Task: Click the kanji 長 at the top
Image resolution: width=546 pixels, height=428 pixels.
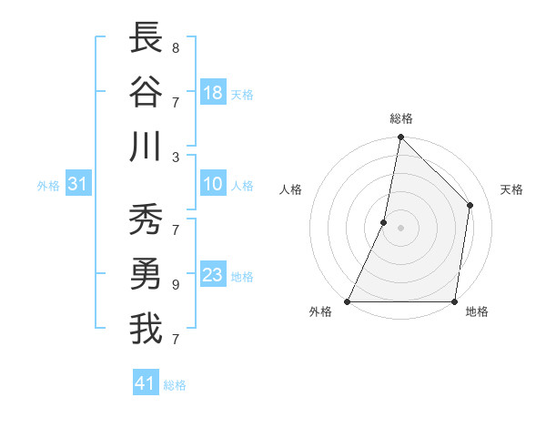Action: coord(146,38)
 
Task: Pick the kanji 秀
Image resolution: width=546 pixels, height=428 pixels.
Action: coord(146,221)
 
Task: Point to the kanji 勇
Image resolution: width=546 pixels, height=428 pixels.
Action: coord(146,275)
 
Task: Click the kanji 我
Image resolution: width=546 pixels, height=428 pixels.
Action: coord(146,330)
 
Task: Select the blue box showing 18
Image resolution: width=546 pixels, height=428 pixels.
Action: coord(213,93)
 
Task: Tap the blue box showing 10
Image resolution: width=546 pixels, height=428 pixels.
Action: coord(213,185)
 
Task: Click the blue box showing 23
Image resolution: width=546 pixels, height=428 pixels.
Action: coord(213,276)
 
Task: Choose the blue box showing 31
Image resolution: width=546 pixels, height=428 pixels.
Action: coord(78,185)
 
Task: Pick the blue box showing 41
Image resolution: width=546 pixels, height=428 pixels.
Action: coord(146,383)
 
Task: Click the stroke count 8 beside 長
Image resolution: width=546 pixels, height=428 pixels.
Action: coord(176,47)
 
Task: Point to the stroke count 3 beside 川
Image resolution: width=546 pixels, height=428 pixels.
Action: coord(176,157)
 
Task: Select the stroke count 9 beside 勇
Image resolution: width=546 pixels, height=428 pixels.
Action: coord(176,284)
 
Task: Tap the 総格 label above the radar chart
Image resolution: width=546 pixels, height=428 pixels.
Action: coord(401,118)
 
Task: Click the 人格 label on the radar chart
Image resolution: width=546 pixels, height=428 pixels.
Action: coord(291,189)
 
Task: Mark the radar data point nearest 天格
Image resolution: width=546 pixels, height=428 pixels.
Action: coord(470,205)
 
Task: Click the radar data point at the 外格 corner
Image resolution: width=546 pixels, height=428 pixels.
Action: coord(348,301)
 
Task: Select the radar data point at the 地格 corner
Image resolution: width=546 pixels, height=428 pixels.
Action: coord(454,301)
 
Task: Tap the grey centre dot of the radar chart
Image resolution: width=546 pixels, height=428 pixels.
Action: coord(400,228)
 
